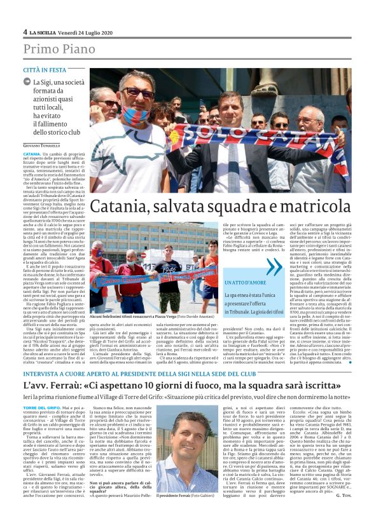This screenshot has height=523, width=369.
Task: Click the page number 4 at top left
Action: (x=25, y=32)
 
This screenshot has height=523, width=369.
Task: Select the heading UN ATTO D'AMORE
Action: (x=248, y=282)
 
